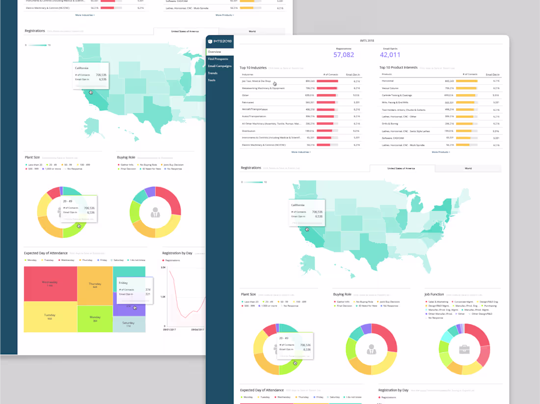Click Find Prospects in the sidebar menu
(x=217, y=59)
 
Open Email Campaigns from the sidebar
(x=219, y=66)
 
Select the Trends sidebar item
(x=213, y=73)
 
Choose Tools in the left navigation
(x=212, y=80)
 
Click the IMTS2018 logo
(x=219, y=42)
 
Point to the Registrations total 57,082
(x=344, y=55)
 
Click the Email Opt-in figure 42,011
(x=390, y=55)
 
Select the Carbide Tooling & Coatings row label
(x=397, y=95)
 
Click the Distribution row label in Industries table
(x=248, y=131)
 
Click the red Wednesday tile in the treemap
(x=50, y=283)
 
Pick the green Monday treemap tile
(x=95, y=318)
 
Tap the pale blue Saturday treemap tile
(x=129, y=324)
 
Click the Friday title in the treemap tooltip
(x=123, y=283)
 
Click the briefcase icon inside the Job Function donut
(x=464, y=350)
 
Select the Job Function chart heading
(x=434, y=295)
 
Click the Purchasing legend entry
(x=490, y=306)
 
